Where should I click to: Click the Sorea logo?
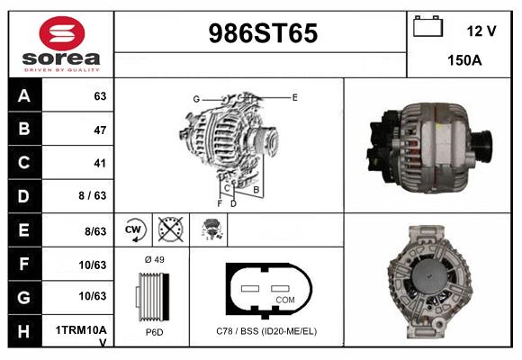60,43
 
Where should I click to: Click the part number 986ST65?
263,33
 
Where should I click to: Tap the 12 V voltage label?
481,31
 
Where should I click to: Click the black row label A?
24,96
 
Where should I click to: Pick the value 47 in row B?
99,130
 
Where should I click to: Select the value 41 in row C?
99,164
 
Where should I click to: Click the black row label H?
24,330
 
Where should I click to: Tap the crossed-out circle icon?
171,229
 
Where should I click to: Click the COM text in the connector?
285,299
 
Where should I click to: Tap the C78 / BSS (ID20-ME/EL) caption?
266,331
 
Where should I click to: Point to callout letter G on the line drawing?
195,99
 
